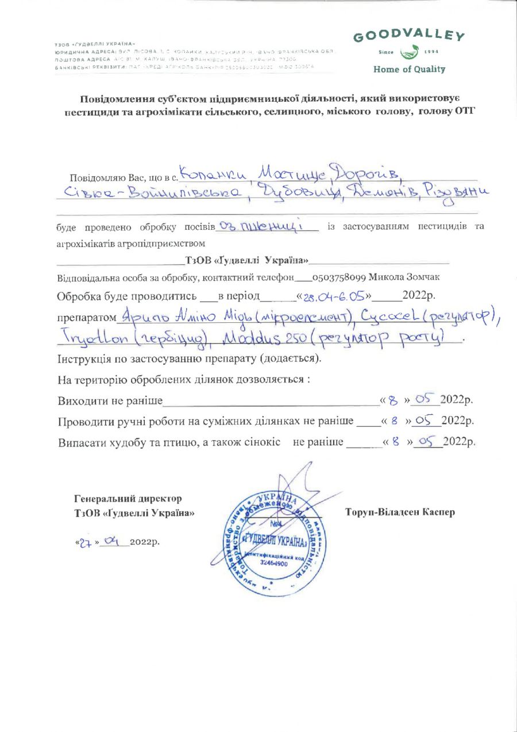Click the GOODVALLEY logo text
408,36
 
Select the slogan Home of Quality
409,70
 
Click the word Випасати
80,442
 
